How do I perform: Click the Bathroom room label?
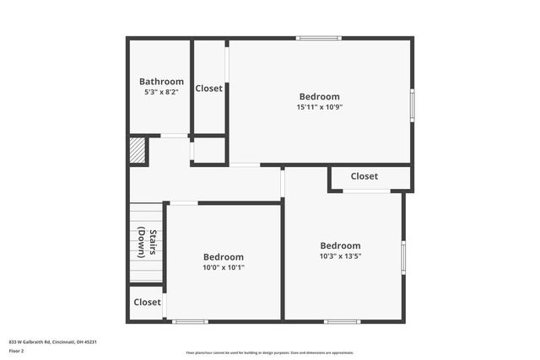point(161,82)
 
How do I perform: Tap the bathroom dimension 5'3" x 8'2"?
point(161,93)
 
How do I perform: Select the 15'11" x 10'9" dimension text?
point(319,107)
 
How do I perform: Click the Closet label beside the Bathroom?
point(209,89)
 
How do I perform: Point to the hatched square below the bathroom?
point(138,151)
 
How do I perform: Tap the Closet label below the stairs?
point(147,302)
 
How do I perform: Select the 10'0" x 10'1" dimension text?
point(224,267)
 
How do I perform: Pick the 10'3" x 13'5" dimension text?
point(340,256)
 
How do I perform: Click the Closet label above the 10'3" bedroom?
point(364,176)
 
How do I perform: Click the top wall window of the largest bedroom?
point(319,38)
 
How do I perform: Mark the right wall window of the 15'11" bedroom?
point(412,105)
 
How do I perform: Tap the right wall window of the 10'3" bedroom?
point(403,257)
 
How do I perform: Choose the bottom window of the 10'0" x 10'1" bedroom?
point(190,320)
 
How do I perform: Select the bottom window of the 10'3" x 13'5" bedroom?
point(342,320)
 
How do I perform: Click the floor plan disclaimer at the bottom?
point(270,352)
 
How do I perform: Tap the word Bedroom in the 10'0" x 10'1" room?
point(224,257)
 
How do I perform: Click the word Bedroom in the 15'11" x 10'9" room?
point(319,96)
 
